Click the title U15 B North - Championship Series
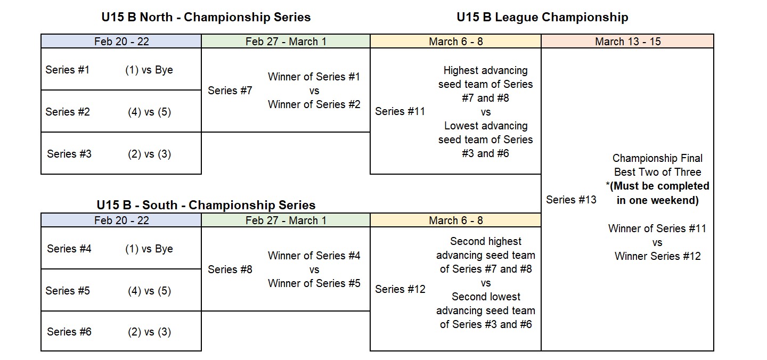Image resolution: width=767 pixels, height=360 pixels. tap(206, 17)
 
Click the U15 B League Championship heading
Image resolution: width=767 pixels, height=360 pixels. tap(542, 17)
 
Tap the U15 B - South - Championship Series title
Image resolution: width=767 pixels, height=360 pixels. tap(206, 205)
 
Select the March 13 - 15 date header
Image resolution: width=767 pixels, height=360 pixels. tap(627, 42)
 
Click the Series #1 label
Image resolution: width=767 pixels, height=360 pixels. tap(68, 70)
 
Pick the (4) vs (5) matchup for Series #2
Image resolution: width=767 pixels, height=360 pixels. tap(149, 112)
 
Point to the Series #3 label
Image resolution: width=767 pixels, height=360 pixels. tap(69, 154)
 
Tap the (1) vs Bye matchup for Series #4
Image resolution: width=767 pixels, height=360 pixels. tap(149, 249)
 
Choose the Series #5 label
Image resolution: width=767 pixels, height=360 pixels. tap(68, 291)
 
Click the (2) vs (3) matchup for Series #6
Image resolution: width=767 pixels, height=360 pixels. tap(149, 332)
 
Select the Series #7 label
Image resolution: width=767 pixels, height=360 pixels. tap(230, 91)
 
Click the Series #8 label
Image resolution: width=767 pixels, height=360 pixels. tap(230, 269)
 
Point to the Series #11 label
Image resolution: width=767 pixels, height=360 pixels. tap(400, 111)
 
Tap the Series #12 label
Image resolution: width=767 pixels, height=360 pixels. tap(400, 290)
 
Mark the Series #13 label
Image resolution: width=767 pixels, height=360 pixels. tap(571, 200)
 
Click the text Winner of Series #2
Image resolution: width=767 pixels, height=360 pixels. tap(314, 104)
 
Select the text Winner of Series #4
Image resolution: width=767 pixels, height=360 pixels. tap(314, 256)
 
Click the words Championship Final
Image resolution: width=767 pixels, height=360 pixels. tap(657, 159)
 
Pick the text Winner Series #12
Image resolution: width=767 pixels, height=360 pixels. tap(657, 256)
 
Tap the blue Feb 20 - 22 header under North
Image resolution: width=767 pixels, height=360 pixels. tap(121, 42)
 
